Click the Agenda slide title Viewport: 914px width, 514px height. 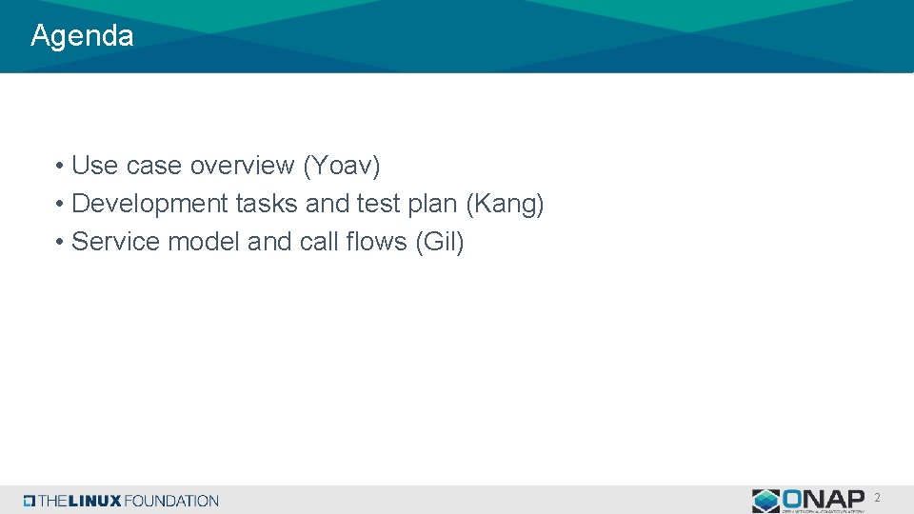[x=82, y=36]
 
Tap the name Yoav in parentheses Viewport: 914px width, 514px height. [x=342, y=166]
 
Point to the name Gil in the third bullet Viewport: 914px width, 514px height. [x=440, y=242]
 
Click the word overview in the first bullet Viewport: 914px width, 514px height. [x=242, y=166]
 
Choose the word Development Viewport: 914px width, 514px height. [x=149, y=204]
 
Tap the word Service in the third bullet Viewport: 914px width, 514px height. [x=115, y=242]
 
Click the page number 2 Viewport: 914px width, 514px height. [x=877, y=498]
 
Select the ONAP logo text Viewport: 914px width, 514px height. [x=825, y=498]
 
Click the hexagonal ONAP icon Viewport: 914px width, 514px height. [x=765, y=501]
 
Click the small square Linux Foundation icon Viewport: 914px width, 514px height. [x=30, y=501]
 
